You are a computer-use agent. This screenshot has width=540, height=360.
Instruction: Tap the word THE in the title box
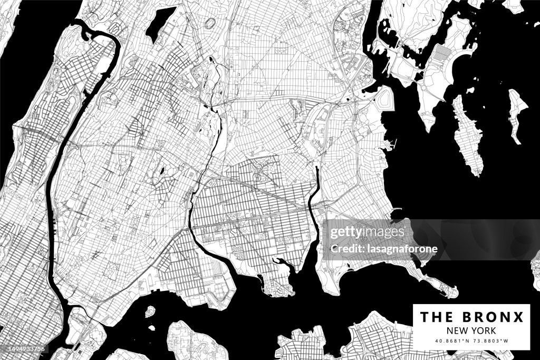pos(436,317)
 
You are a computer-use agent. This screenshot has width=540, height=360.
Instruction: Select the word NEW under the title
pos(457,330)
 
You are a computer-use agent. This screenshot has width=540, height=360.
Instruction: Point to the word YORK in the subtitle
pos(484,330)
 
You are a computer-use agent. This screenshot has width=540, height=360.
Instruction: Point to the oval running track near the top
pos(210,23)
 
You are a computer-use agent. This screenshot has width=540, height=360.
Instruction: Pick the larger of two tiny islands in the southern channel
pos(150,312)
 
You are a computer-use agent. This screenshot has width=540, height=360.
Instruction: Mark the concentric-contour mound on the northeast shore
pos(385,99)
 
